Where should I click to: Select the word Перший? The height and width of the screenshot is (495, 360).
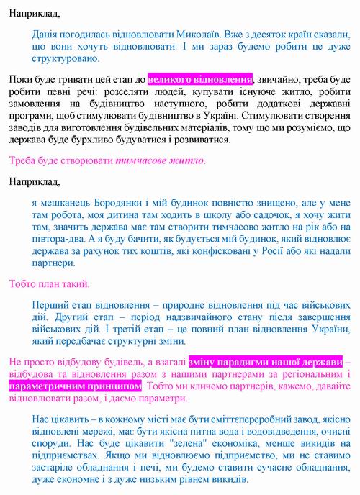(50, 304)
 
